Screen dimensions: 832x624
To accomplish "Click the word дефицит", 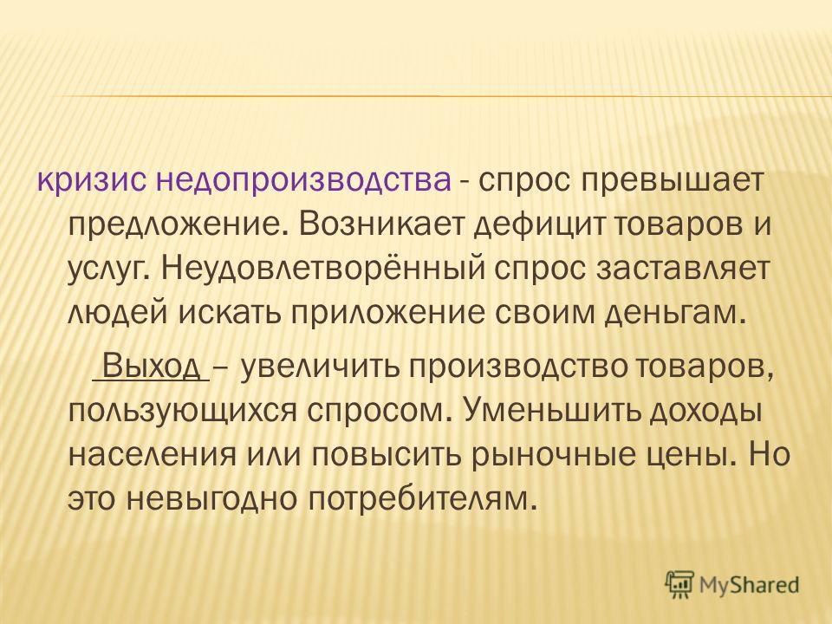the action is (540, 226).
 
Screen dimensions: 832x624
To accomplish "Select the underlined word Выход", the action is (151, 366).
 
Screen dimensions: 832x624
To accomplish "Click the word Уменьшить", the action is (547, 409).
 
